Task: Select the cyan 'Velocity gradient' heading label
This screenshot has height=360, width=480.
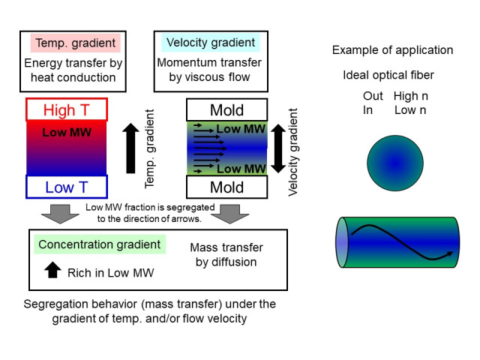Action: [200, 43]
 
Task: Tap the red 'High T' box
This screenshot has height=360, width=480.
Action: [69, 110]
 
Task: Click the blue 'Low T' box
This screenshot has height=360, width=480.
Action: [67, 187]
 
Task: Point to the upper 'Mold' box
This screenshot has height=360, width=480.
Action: [226, 110]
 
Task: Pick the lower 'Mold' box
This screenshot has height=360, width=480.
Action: [226, 186]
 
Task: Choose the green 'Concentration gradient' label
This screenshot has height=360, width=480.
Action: [100, 244]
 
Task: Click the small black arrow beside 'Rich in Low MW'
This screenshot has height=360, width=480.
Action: [52, 270]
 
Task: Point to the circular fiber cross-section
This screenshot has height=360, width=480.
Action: [395, 163]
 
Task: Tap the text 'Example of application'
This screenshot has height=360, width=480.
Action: [392, 50]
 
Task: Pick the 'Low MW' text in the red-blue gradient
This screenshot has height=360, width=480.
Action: [69, 133]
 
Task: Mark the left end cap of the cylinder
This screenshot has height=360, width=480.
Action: [343, 241]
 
